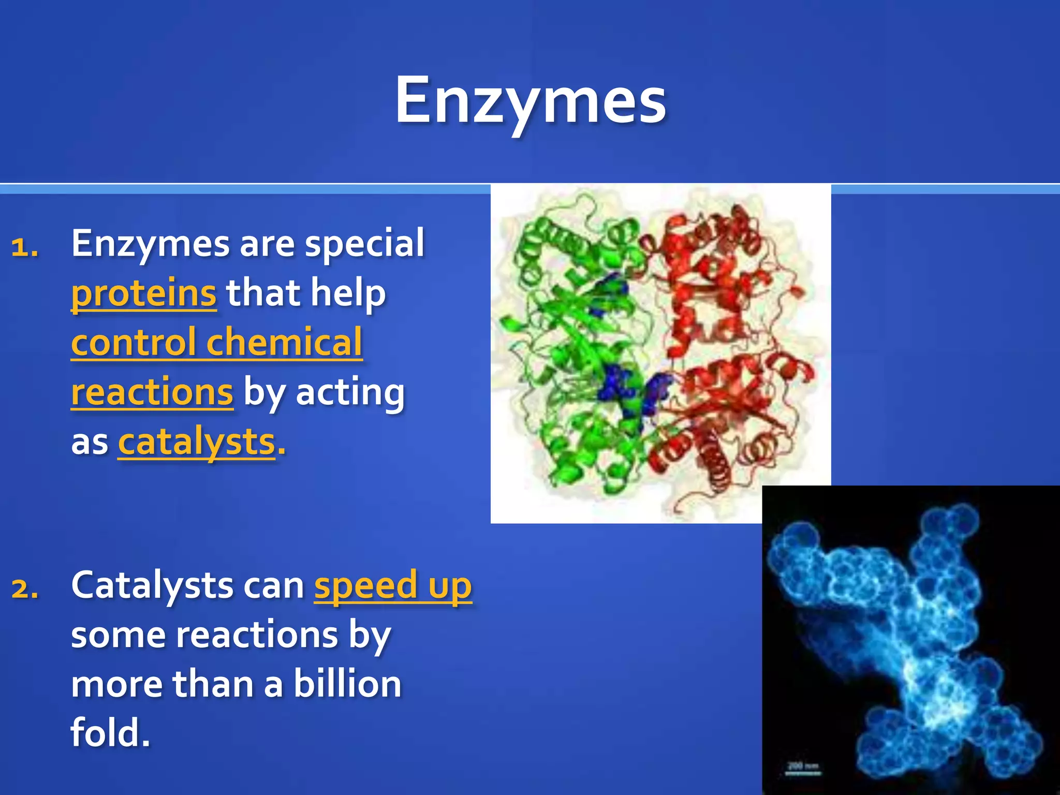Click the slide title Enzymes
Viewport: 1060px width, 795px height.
coord(530,101)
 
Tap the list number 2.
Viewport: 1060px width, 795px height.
coord(25,589)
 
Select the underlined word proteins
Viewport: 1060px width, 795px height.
coord(143,293)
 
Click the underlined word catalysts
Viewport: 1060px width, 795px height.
coord(197,443)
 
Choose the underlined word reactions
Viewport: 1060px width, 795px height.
coord(152,392)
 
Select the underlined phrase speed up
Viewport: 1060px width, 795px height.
coord(393,586)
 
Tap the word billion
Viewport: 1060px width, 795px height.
coord(347,684)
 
